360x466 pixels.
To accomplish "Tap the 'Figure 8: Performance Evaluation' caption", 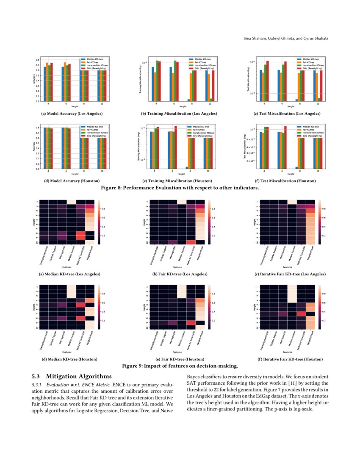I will click(180, 187).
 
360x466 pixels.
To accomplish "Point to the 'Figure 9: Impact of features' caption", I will click(180, 365).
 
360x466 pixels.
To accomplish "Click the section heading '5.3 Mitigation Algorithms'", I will click(72, 376).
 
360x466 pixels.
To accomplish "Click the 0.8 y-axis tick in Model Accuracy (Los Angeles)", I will click(38, 60).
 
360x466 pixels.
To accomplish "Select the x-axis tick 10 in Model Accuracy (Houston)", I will click(102, 171).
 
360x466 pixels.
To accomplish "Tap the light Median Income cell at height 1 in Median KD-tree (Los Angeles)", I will click(72, 202).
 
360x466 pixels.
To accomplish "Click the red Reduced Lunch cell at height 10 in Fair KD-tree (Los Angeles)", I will click(191, 242).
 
